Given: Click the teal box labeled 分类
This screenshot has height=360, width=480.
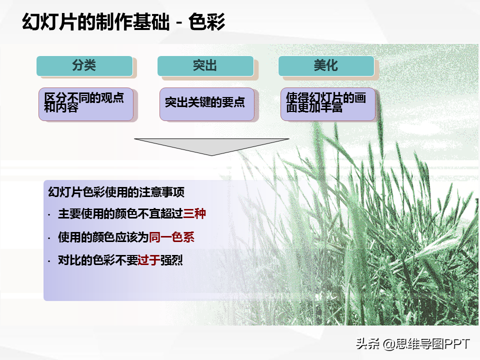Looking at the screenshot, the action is point(84,66).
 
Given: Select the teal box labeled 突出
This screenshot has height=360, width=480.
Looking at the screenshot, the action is point(205,66).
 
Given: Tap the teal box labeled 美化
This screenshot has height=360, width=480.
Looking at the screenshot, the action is point(326,66).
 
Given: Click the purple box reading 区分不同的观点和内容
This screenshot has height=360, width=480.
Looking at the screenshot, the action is point(86,104).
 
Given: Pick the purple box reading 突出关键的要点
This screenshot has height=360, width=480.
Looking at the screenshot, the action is point(207,104).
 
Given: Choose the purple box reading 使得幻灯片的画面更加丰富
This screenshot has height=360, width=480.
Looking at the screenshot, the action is point(328,104).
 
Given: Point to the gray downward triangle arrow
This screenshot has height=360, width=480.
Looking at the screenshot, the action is point(211,146).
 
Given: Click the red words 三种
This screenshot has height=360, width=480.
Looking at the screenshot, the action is point(194,213).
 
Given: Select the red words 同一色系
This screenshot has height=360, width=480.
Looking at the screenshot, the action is point(171,237).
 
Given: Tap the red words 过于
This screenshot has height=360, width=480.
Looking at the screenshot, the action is point(149,260).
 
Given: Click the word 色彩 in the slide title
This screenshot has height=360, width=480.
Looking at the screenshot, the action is point(206,22).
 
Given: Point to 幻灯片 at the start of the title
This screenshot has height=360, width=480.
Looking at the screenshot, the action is point(49,22).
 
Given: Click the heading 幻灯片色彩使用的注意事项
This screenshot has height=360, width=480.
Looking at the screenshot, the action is point(116,192).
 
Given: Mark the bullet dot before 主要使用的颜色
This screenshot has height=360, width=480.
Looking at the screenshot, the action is point(49,215).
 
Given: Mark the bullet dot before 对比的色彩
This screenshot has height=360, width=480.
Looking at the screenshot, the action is point(49,261).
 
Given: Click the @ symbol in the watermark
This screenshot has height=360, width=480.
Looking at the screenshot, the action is point(388,344).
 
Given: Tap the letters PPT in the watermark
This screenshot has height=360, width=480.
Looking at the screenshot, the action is point(456,344).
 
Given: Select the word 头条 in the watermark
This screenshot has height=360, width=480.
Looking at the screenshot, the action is point(367,344).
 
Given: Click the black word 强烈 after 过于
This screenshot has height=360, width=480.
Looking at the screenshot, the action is point(171,260).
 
